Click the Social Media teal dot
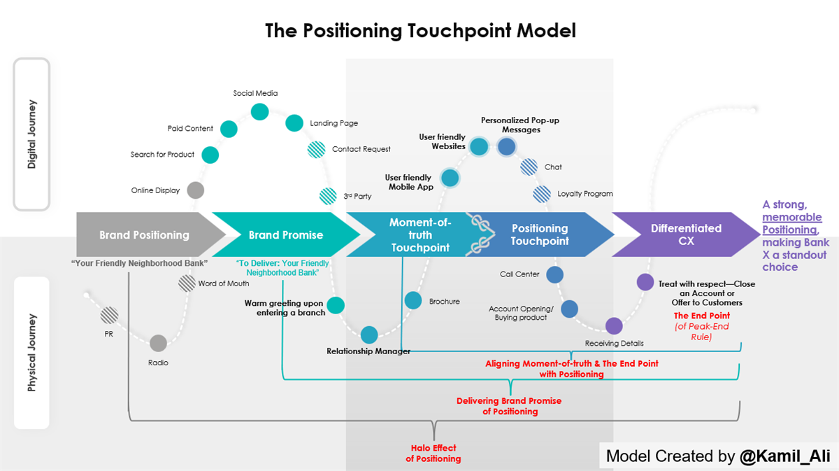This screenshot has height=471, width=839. coord(260,111)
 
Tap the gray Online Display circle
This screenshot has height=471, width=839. coord(196,190)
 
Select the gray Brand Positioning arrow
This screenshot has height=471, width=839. coord(144,235)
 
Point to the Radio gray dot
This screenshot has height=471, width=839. coord(158,343)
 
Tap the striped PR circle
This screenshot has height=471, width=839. coord(108,315)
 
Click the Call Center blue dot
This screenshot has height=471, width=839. coord(554,274)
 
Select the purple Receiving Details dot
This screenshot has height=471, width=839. coord(614,326)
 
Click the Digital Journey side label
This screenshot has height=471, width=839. coord(31,134)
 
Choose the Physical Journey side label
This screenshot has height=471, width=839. coord(31,353)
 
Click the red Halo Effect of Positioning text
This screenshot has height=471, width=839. coord(433,454)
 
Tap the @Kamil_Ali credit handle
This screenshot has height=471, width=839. coord(784,456)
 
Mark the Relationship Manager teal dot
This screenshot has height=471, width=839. coord(369,335)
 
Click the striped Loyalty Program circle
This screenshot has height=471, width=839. coord(543,194)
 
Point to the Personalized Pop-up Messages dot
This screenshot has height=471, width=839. coord(506,146)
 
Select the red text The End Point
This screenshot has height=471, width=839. coord(702,316)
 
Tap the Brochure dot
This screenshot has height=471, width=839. coord(413,300)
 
